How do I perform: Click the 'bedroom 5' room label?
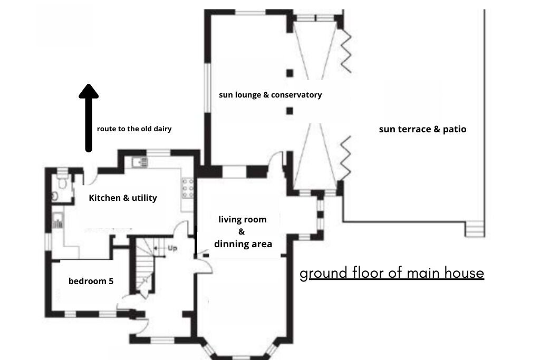(91, 281)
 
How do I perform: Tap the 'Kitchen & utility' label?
(123, 198)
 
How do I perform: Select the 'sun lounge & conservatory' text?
(271, 95)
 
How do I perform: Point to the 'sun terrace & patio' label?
(422, 129)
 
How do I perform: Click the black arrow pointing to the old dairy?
(89, 118)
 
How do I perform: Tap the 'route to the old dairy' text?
(134, 129)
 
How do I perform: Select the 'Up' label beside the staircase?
(172, 248)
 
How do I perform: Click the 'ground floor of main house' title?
(392, 273)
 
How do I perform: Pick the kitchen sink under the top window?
(140, 162)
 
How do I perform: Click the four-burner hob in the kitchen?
(188, 188)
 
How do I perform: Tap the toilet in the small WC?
(62, 182)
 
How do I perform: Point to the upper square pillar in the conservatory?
(290, 73)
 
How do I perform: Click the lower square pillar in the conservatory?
(290, 111)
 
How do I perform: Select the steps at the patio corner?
(475, 229)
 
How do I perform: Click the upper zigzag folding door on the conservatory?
(346, 51)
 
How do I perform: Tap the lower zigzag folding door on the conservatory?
(346, 158)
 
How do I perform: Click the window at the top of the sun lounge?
(250, 13)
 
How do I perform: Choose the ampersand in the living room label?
(242, 231)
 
